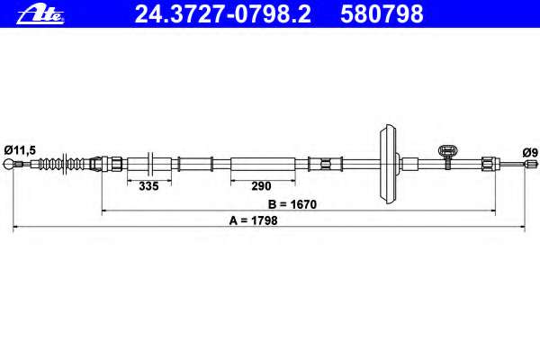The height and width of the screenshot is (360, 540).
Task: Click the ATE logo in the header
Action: [x=40, y=14]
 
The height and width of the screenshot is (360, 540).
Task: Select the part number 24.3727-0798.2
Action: [x=223, y=14]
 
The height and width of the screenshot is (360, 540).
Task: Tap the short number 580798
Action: [x=382, y=14]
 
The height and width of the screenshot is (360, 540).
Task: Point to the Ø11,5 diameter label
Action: [x=20, y=150]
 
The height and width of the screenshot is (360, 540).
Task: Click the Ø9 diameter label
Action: [x=530, y=152]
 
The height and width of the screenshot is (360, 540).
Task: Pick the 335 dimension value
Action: [x=148, y=186]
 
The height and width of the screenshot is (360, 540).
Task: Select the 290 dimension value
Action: [x=261, y=186]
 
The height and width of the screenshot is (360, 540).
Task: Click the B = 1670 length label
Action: [x=292, y=204]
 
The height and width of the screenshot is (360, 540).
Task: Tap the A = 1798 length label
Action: [x=253, y=220]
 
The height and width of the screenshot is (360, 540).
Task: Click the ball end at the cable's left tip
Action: [x=8, y=165]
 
